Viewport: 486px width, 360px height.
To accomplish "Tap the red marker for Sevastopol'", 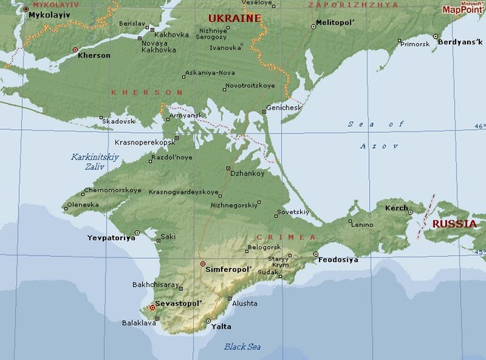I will [x=153, y=308].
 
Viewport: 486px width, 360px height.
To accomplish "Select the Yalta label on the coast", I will [x=222, y=327].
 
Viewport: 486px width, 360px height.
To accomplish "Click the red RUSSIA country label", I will [x=454, y=224].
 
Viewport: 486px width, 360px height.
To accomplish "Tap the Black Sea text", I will [x=243, y=347].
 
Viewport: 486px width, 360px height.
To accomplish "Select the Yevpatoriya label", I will [x=111, y=238].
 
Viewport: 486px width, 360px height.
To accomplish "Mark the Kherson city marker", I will [x=74, y=49].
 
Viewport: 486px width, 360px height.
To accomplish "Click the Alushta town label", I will [x=244, y=303].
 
